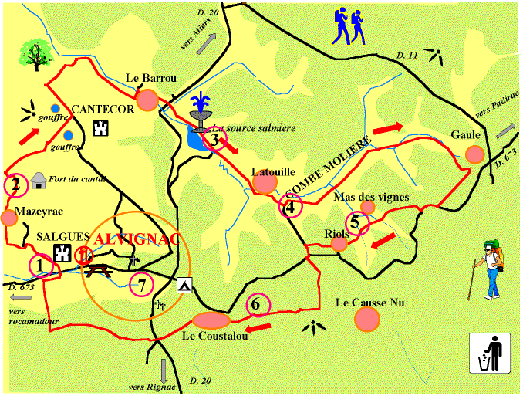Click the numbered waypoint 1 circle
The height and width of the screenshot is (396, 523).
(40, 266)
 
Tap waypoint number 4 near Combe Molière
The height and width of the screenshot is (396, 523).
(290, 207)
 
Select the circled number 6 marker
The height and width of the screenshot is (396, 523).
(258, 305)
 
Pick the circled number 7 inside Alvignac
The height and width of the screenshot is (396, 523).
(141, 285)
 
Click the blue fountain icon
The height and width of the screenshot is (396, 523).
(202, 109)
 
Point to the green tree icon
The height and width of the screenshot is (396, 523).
(35, 53)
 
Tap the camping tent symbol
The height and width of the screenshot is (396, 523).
(184, 285)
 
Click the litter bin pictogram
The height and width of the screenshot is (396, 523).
(489, 354)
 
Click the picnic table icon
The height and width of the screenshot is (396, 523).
(98, 270)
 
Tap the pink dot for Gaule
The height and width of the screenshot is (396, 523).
(474, 154)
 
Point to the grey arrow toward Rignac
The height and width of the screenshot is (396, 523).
(164, 369)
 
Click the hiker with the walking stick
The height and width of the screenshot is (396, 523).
(488, 269)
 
